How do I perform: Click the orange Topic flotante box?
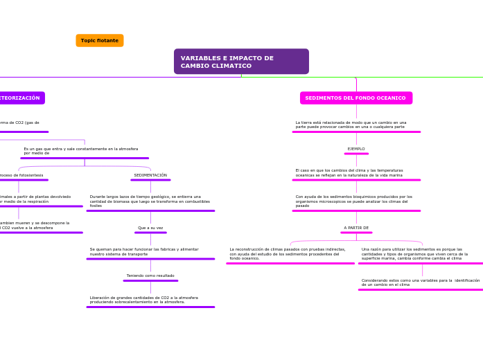click(x=100, y=41)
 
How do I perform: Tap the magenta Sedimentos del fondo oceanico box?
click(x=355, y=98)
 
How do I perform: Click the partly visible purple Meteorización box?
click(x=21, y=98)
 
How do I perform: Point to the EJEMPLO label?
click(x=356, y=149)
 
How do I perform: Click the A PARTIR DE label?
click(x=356, y=228)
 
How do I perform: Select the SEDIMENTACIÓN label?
click(x=150, y=175)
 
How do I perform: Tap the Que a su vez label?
click(x=150, y=228)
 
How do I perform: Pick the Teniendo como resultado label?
click(x=150, y=276)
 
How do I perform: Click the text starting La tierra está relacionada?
click(x=351, y=125)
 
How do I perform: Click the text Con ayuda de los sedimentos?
click(x=353, y=201)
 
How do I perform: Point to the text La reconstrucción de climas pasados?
click(x=288, y=253)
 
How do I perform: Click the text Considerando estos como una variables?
click(x=420, y=282)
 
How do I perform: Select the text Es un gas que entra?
click(x=81, y=151)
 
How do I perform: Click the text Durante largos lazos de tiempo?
click(x=150, y=201)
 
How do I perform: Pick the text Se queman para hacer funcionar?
click(x=144, y=251)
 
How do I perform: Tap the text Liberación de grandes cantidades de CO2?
click(x=143, y=300)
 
